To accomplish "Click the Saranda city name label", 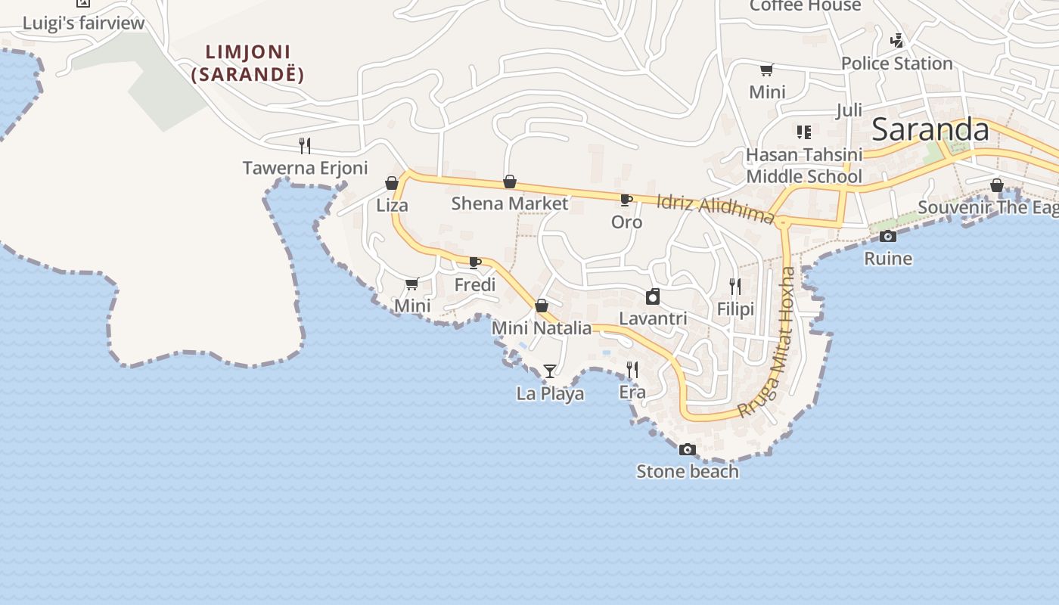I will pyautogui.click(x=930, y=130).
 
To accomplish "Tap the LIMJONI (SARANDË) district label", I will pyautogui.click(x=247, y=64).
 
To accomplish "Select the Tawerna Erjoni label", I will pyautogui.click(x=305, y=168).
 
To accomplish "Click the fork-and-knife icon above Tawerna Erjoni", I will pyautogui.click(x=305, y=145).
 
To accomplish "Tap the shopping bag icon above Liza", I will pyautogui.click(x=392, y=183).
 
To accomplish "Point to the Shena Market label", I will pyautogui.click(x=509, y=203).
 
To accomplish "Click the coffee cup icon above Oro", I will pyautogui.click(x=626, y=200).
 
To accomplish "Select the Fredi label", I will pyautogui.click(x=475, y=285).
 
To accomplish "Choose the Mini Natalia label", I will pyautogui.click(x=542, y=328).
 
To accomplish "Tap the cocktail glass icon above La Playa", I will pyautogui.click(x=550, y=371).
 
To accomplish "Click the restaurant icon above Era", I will pyautogui.click(x=632, y=370).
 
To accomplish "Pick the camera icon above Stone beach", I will pyautogui.click(x=687, y=450).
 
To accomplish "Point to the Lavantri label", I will pyautogui.click(x=653, y=318).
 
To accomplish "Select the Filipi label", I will pyautogui.click(x=735, y=309).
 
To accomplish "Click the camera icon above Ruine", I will pyautogui.click(x=888, y=237).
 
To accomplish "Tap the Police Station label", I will pyautogui.click(x=896, y=64).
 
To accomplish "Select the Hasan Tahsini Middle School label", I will pyautogui.click(x=804, y=166).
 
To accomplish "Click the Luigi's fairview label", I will pyautogui.click(x=83, y=23).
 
